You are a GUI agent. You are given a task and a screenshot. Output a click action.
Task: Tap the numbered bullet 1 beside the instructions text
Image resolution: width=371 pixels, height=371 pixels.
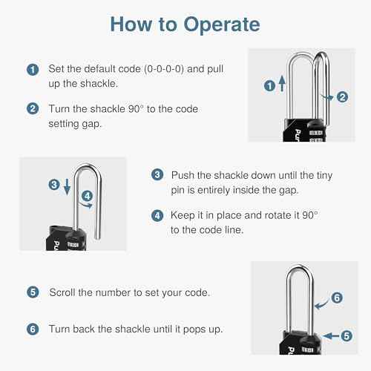(32, 70)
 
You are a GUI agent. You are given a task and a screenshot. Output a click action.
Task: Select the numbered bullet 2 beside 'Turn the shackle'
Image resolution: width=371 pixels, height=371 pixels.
(32, 108)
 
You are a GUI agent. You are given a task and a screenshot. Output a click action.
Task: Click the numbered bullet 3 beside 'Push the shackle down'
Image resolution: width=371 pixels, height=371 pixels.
(157, 175)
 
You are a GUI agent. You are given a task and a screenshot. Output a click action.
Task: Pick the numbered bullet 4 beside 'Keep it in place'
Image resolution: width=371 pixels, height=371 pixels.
(157, 216)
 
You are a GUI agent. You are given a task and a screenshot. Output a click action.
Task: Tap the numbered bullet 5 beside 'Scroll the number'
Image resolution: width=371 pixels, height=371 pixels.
(32, 292)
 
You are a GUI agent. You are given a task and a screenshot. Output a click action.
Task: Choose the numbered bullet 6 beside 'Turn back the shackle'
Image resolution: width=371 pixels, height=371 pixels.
(32, 329)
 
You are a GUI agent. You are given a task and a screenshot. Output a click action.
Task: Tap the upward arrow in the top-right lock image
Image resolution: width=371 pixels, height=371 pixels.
(281, 85)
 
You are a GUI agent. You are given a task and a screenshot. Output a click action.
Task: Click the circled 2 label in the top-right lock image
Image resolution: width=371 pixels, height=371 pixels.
(342, 96)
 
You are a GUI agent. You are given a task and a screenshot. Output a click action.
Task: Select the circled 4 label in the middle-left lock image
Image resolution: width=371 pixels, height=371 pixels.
(87, 196)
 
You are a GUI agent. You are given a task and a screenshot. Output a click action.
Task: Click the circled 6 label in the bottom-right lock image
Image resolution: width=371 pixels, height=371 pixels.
(336, 298)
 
